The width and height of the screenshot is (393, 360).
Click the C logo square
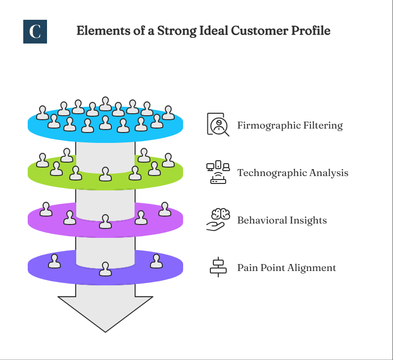click(x=35, y=31)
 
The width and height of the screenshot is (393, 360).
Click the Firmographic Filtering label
click(x=290, y=125)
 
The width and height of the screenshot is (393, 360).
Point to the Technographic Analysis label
click(x=293, y=173)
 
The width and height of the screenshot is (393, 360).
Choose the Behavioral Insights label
click(x=282, y=220)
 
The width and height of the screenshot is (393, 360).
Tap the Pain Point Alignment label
click(x=287, y=268)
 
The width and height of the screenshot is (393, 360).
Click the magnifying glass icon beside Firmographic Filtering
click(x=218, y=125)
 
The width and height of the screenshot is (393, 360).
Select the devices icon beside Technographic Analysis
click(x=218, y=173)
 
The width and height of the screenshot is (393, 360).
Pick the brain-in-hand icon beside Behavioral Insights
click(x=218, y=220)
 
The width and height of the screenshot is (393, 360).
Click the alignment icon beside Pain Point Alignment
click(x=218, y=267)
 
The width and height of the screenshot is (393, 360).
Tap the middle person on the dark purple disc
click(x=105, y=269)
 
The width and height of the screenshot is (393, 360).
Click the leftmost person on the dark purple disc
click(x=54, y=261)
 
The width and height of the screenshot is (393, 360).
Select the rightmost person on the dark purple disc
click(x=156, y=261)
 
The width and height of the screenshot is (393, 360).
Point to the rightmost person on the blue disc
click(x=168, y=113)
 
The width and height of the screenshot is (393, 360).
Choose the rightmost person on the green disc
click(x=168, y=160)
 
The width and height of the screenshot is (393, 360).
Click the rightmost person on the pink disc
click(x=164, y=210)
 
